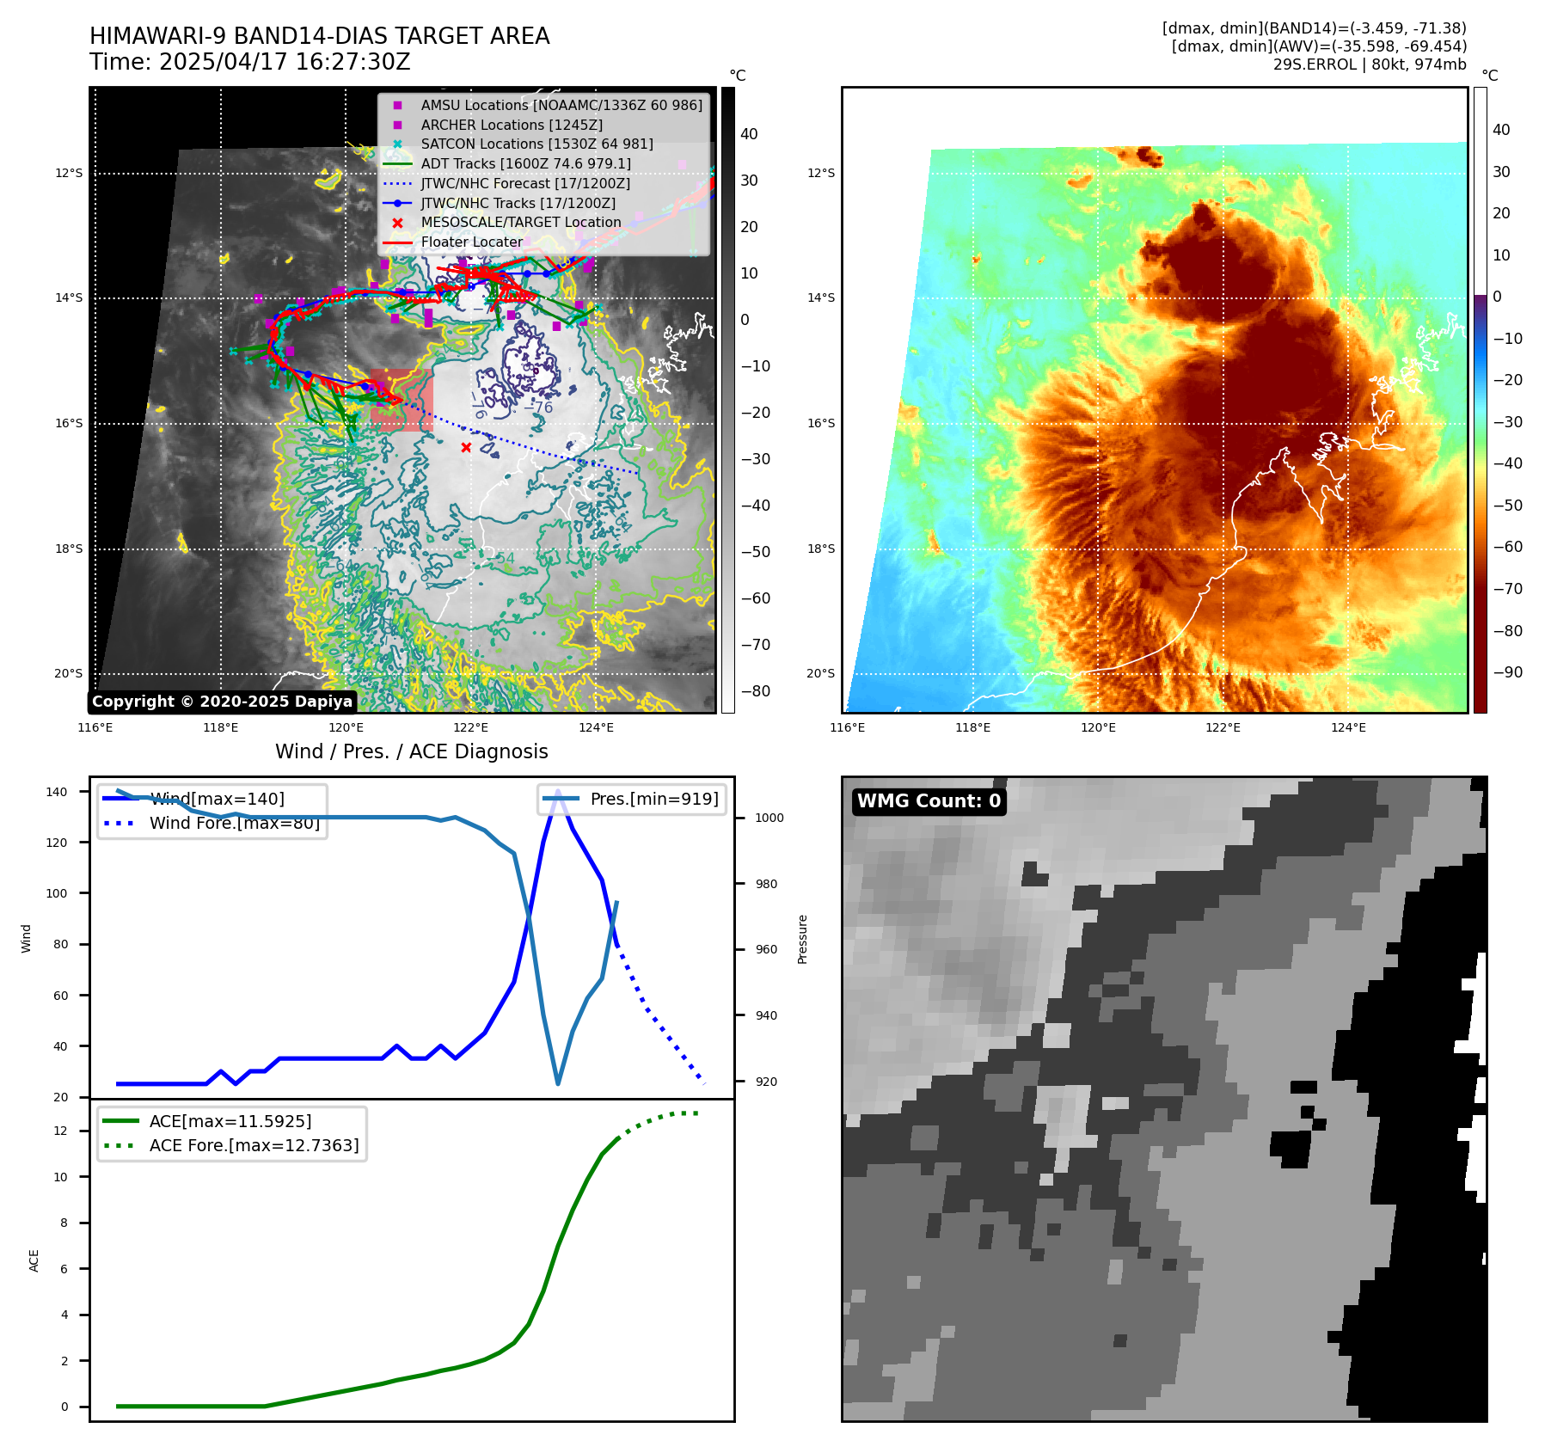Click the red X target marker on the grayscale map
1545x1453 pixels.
coord(466,447)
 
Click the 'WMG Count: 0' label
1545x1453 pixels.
coord(929,801)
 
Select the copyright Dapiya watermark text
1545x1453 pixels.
coord(222,702)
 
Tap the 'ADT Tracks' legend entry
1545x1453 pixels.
coord(525,163)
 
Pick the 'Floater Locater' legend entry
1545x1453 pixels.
coord(471,242)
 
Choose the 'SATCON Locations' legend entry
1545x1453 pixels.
coord(536,144)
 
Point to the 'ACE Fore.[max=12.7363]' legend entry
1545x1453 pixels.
coord(254,1145)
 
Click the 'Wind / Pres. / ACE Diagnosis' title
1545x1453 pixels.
coord(411,751)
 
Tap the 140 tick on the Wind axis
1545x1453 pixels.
coord(57,792)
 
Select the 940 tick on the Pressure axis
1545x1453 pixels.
coord(766,1015)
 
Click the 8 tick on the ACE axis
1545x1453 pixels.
coord(64,1223)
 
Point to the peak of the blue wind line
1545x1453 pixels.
coord(558,792)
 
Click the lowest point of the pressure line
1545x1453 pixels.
coord(558,1083)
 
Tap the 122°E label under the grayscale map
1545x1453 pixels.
coord(470,727)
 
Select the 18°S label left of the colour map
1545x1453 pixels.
coord(820,549)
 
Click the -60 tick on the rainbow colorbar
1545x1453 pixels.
coord(1507,547)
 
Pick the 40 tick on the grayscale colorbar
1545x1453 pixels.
coord(749,134)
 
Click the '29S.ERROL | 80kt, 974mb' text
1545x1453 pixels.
coord(1370,64)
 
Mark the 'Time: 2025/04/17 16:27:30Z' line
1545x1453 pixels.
coord(250,62)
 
